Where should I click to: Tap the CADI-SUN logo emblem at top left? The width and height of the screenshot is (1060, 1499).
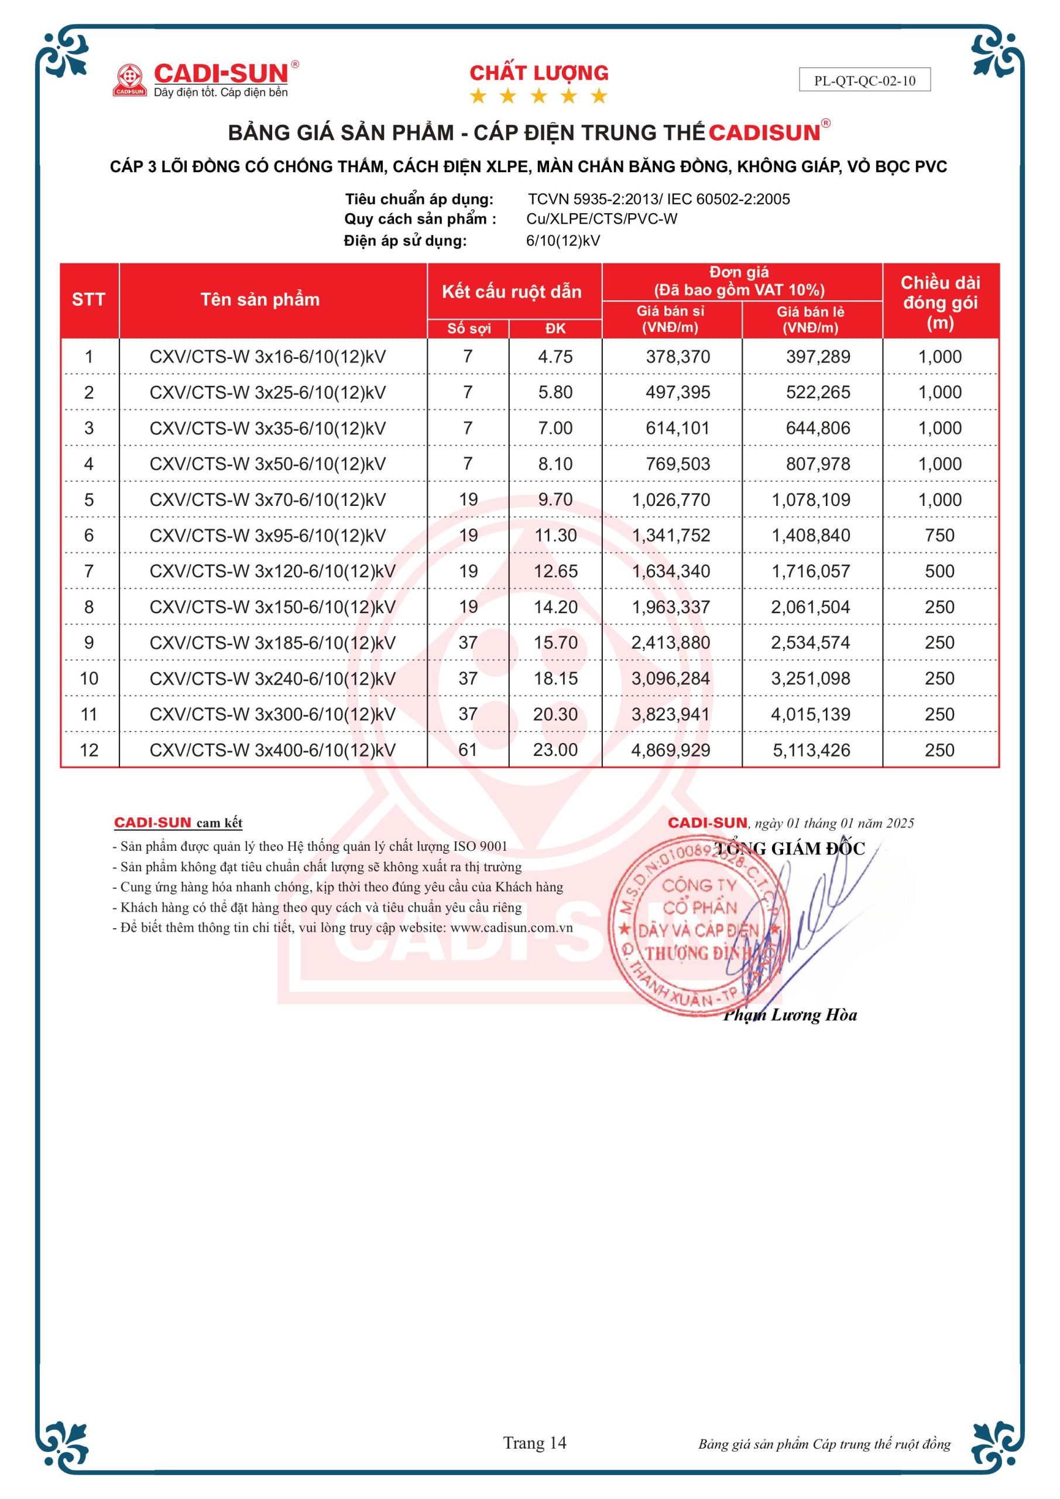[129, 80]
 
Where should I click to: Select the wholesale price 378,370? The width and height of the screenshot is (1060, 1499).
[678, 357]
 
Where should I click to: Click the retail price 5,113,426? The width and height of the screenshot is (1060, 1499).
[811, 750]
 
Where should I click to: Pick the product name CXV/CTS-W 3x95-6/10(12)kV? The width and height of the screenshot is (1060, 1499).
[267, 536]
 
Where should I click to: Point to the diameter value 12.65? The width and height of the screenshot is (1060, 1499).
[555, 571]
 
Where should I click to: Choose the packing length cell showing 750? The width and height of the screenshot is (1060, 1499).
[939, 536]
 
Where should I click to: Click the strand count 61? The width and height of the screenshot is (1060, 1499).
[468, 750]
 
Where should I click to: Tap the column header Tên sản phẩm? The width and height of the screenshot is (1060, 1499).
[260, 300]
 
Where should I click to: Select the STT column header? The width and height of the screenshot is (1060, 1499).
[89, 300]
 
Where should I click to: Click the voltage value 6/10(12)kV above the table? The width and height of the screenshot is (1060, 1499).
[562, 241]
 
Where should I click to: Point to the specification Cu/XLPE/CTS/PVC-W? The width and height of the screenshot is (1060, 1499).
[602, 220]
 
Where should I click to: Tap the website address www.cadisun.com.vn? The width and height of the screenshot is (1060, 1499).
[511, 928]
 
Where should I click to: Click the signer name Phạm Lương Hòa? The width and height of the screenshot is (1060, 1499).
[790, 1015]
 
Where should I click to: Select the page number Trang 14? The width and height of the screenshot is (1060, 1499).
[534, 1443]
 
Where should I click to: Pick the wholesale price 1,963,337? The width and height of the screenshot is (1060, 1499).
[670, 607]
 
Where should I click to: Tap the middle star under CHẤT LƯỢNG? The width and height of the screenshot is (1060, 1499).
[538, 97]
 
